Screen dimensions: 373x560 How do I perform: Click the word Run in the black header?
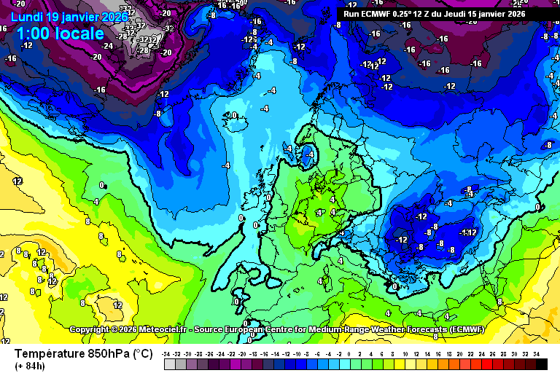point(351,13)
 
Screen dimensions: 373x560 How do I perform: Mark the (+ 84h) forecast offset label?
point(30,366)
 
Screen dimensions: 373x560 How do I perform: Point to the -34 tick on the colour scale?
point(167,353)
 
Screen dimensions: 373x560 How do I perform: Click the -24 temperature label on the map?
point(107,45)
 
